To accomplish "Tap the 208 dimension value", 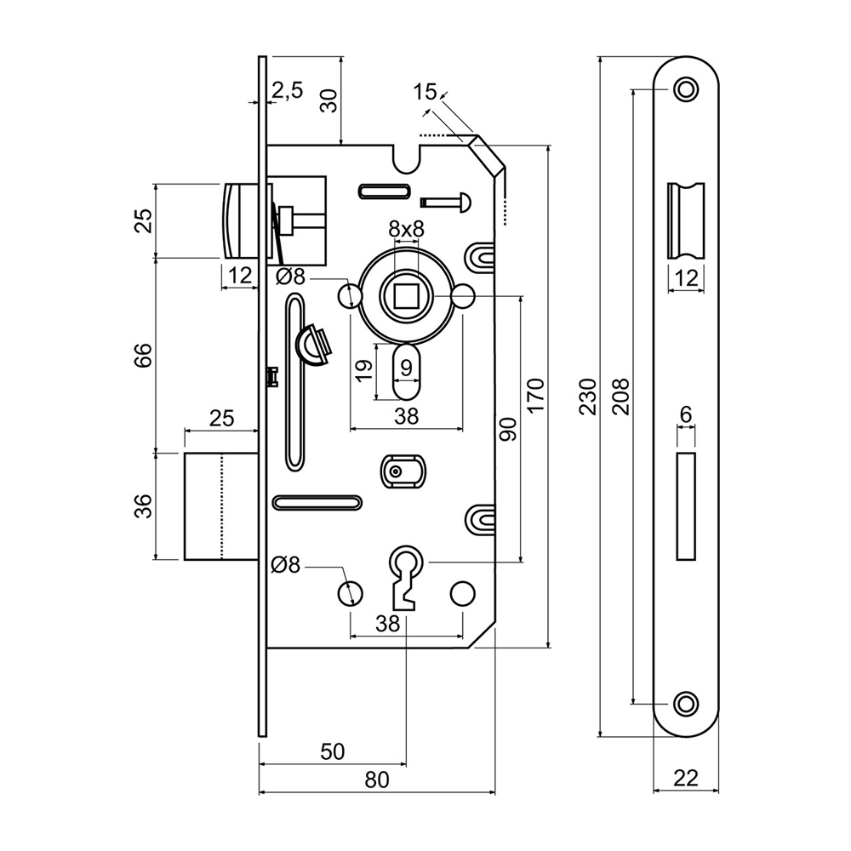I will pyautogui.click(x=620, y=397).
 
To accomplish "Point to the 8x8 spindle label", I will pyautogui.click(x=406, y=229).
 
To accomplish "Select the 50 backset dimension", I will pyautogui.click(x=332, y=751).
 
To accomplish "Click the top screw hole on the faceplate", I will pyautogui.click(x=685, y=89).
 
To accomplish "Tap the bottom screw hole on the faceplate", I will pyautogui.click(x=685, y=703).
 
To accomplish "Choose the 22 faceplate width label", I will pyautogui.click(x=686, y=778).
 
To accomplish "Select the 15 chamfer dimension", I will pyautogui.click(x=425, y=92).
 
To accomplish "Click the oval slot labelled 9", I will pyautogui.click(x=406, y=371).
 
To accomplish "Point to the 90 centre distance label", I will pyautogui.click(x=508, y=429).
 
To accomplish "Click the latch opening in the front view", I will pyautogui.click(x=686, y=220).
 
